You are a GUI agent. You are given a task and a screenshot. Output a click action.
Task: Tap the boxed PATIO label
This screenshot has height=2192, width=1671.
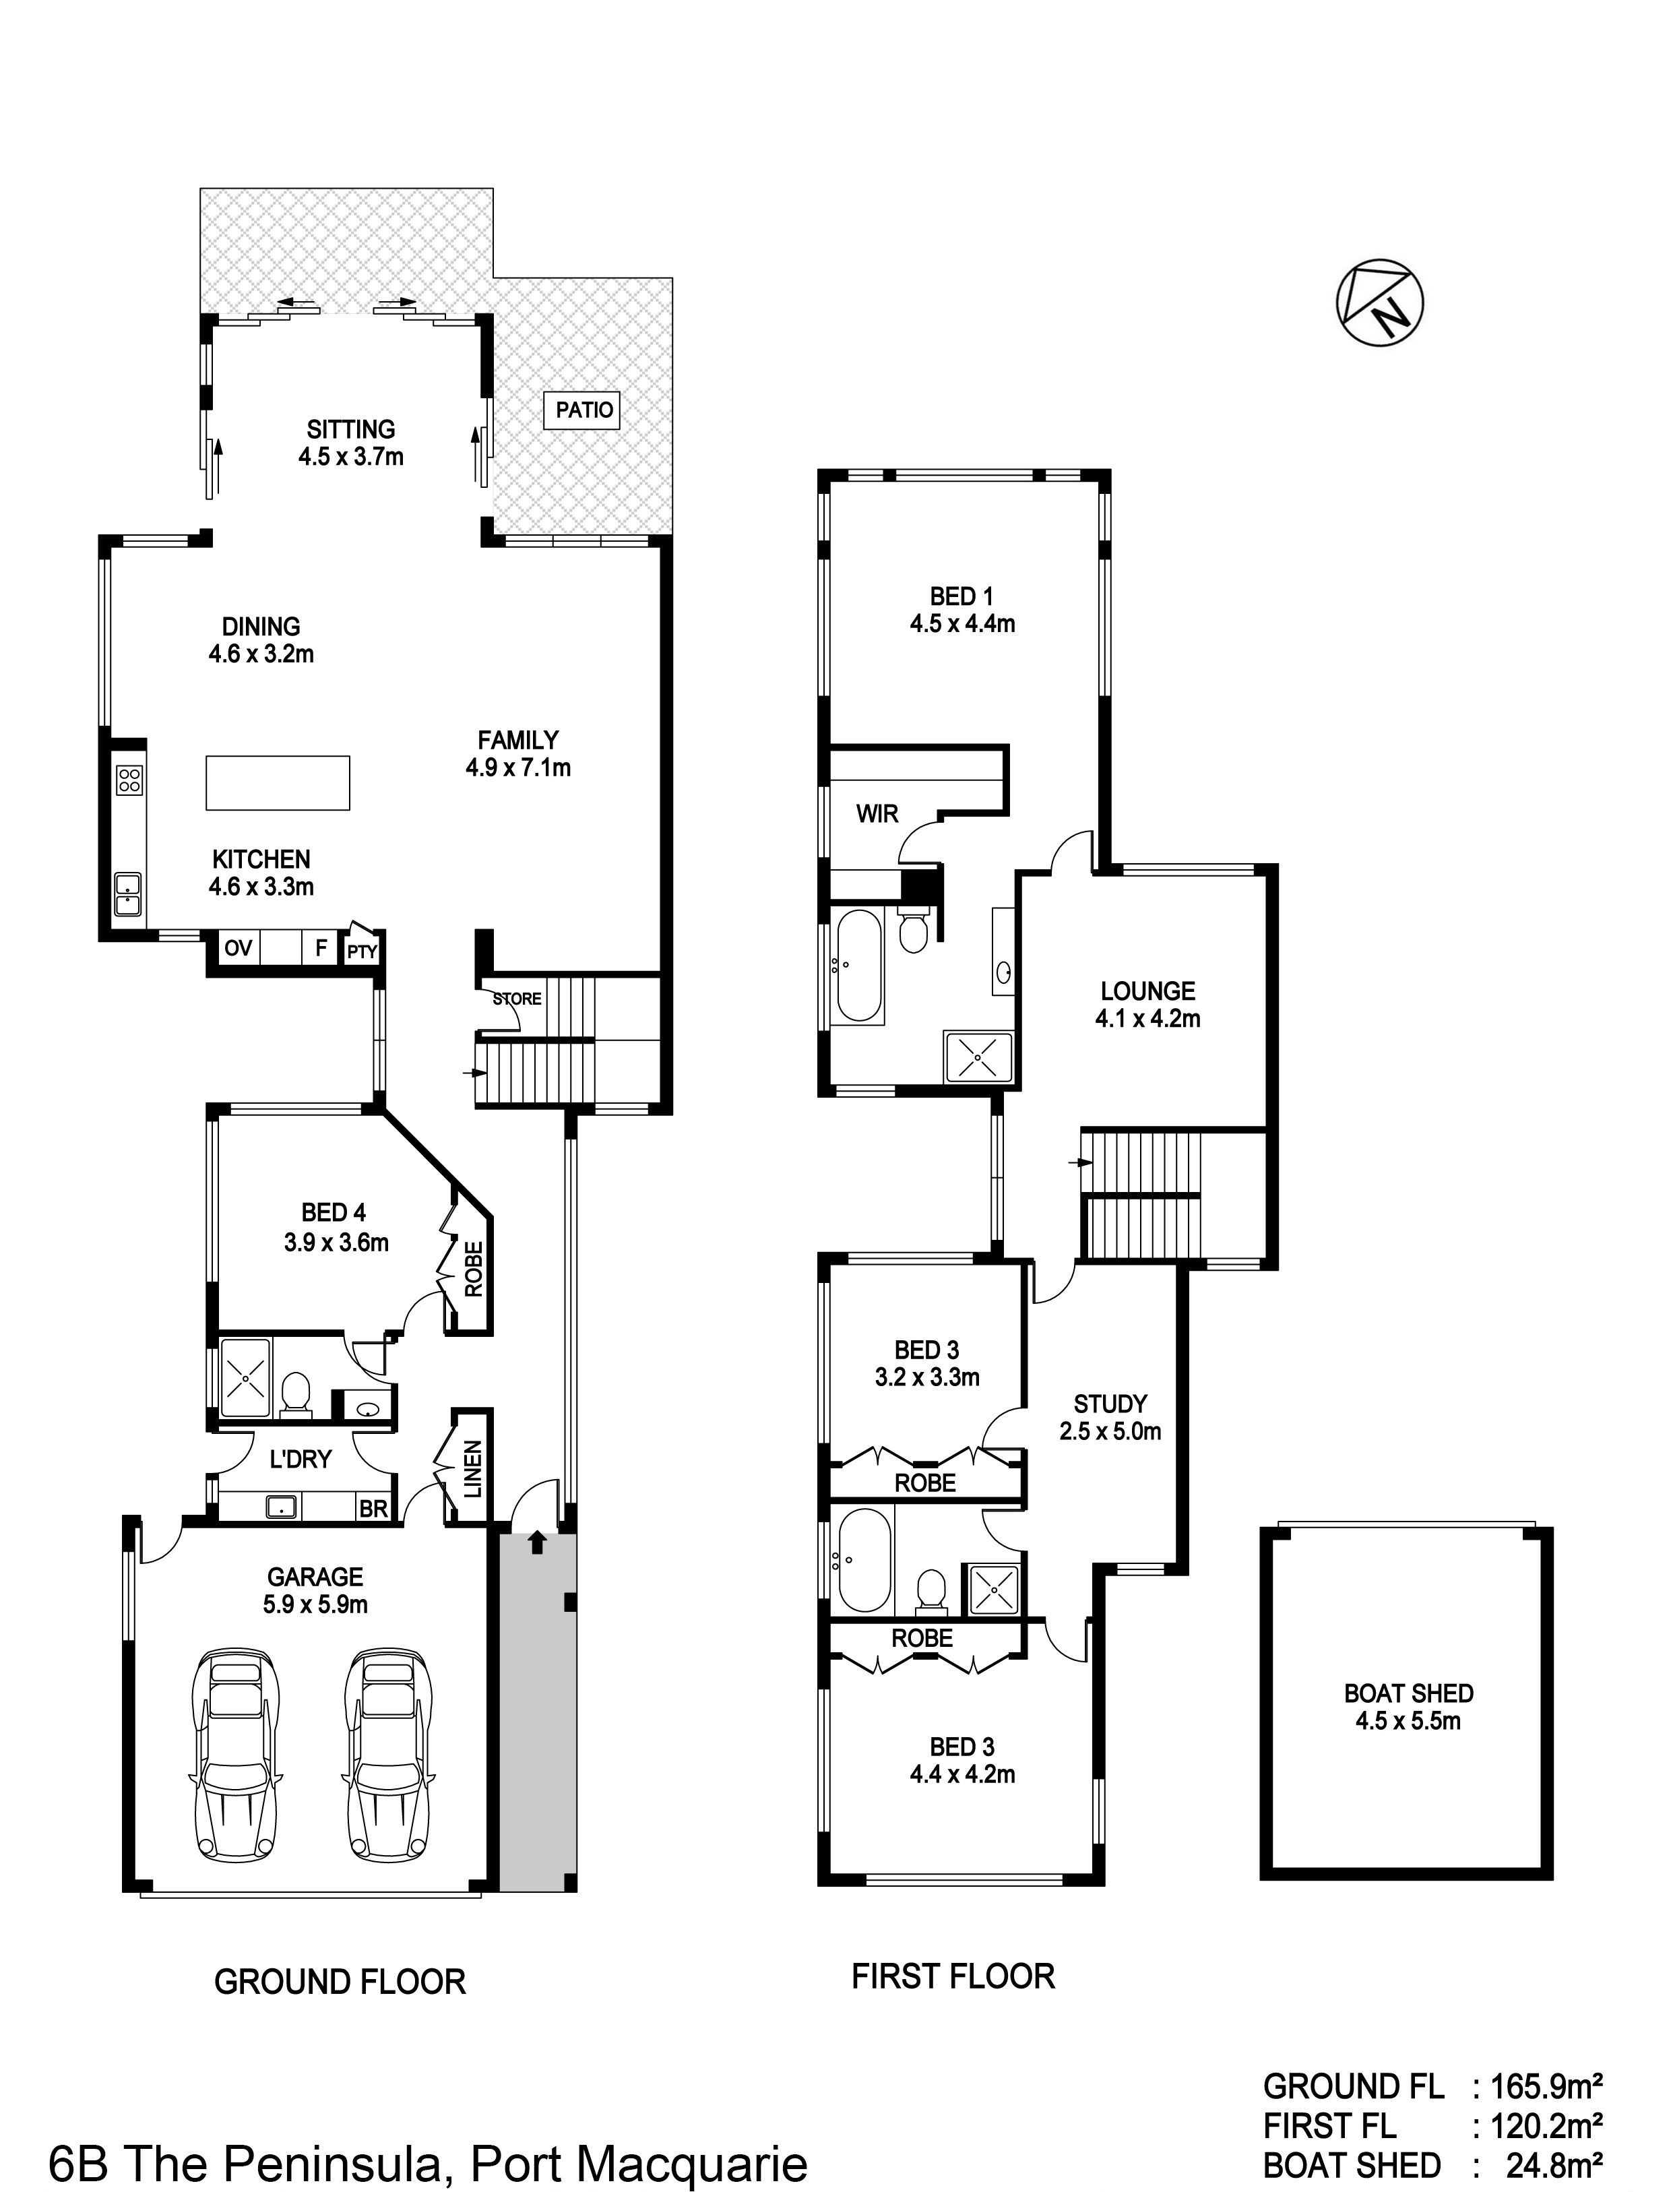[584, 410]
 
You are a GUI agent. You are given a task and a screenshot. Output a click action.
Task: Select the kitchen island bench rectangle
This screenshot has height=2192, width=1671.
[278, 783]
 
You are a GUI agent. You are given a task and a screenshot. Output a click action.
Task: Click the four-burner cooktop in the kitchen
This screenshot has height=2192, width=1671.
[128, 780]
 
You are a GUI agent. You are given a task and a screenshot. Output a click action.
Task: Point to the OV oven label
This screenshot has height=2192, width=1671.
[238, 949]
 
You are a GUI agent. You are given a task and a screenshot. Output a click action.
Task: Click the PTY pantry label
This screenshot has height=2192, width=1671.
[362, 951]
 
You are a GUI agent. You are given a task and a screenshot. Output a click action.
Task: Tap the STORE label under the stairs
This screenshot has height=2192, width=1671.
[517, 999]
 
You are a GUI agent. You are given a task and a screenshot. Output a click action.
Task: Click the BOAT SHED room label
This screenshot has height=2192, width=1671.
[1408, 1707]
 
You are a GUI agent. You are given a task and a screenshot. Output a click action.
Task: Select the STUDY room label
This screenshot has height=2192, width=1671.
[1110, 1404]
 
